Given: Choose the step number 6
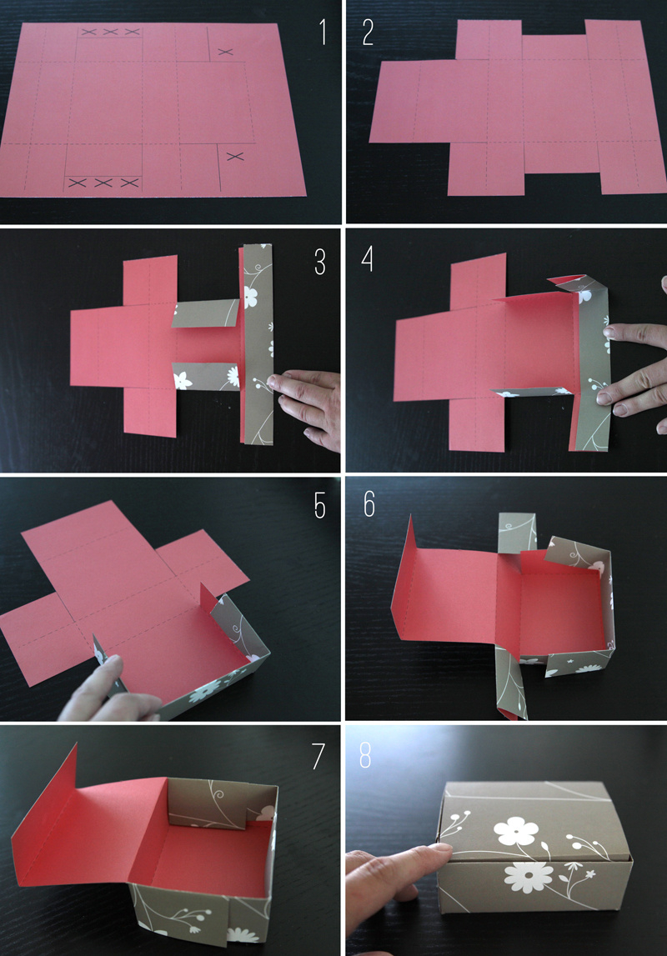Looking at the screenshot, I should pyautogui.click(x=369, y=504).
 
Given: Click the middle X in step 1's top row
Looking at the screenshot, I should pyautogui.click(x=110, y=33).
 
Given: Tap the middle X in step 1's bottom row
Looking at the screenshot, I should pyautogui.click(x=103, y=182).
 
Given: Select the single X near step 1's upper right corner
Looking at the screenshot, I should pyautogui.click(x=224, y=53).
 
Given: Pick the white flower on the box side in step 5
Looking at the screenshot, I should pyautogui.click(x=204, y=693).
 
